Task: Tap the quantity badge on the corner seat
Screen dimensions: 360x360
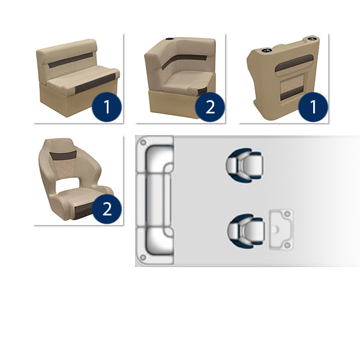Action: pos(209,107)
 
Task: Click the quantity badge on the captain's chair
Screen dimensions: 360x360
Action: pos(107,209)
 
